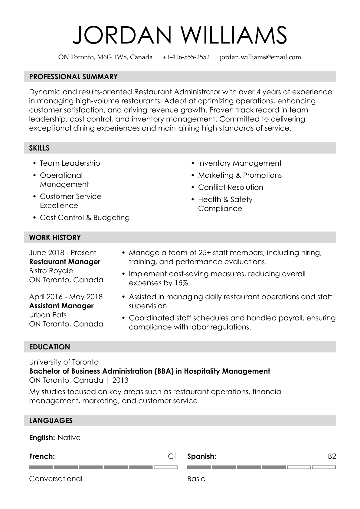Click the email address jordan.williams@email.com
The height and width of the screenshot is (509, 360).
tap(260, 57)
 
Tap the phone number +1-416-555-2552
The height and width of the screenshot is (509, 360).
tap(186, 57)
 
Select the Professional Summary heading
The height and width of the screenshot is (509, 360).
tap(73, 77)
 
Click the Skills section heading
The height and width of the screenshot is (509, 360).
tap(39, 148)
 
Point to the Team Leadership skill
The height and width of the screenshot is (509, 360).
tap(70, 163)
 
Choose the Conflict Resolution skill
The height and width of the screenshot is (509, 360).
tap(231, 187)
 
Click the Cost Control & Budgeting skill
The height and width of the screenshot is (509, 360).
tap(85, 218)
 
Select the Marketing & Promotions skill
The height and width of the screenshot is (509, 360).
tap(240, 175)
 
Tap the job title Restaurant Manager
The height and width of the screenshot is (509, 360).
tap(65, 262)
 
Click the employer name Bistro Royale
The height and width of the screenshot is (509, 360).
tap(51, 271)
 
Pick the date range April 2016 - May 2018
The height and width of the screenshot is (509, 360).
tap(66, 297)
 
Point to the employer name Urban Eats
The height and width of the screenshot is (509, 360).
tap(48, 315)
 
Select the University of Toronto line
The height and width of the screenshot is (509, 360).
tap(64, 362)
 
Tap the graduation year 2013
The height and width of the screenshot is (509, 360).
tap(120, 380)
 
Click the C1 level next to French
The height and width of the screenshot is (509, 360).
tap(172, 456)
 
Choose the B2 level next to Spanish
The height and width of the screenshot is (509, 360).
tap(332, 456)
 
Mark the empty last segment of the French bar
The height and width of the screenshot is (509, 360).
tap(165, 467)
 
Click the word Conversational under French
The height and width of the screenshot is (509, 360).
tap(56, 479)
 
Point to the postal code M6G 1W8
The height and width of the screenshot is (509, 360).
tap(113, 57)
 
